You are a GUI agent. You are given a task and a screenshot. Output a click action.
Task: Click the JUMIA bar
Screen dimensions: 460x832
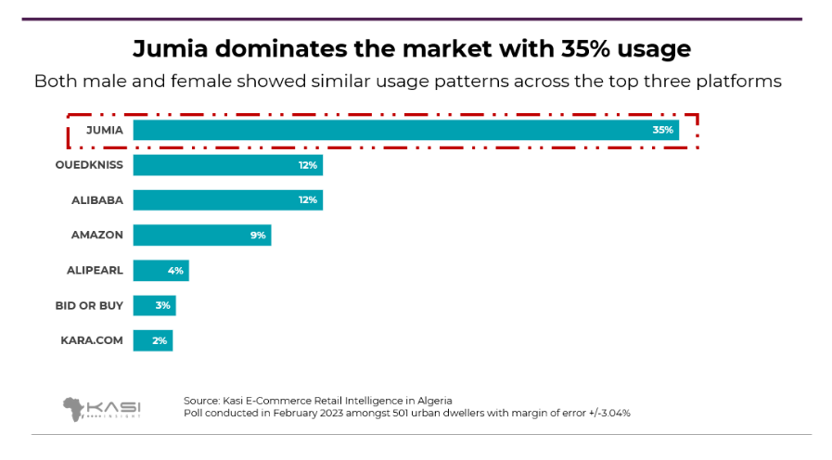coord(405,130)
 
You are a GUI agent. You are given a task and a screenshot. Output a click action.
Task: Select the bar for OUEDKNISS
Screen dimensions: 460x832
coord(227,165)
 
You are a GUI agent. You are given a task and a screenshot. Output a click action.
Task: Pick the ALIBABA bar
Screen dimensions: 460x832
coord(227,200)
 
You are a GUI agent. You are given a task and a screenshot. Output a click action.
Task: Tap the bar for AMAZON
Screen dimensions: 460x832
coord(201,236)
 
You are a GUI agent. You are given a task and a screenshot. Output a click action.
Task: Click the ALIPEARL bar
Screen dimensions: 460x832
coord(160,271)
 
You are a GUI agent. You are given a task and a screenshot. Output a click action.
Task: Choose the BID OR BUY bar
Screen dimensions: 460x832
coord(154,305)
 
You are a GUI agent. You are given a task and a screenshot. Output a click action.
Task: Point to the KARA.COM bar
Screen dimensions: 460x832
coord(152,340)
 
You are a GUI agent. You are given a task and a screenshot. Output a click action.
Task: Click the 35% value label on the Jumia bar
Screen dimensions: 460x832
coord(662,130)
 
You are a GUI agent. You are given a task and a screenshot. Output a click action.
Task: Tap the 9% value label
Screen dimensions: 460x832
coord(258,236)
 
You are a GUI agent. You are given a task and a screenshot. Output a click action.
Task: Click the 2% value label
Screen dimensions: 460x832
coord(160,340)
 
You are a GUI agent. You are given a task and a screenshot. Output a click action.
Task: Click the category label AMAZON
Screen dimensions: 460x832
coord(97,236)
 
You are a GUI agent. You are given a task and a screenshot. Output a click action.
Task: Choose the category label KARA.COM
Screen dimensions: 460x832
coord(92,340)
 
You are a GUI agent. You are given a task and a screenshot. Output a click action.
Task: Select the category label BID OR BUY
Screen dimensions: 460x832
coord(90,305)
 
